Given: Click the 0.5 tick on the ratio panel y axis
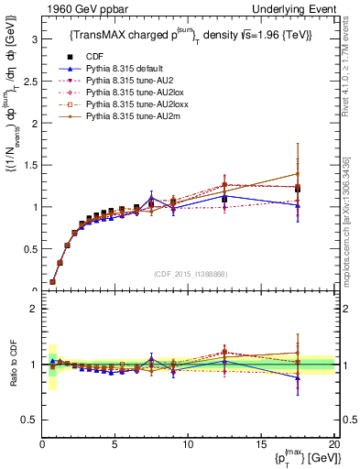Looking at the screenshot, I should point(30,420).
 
